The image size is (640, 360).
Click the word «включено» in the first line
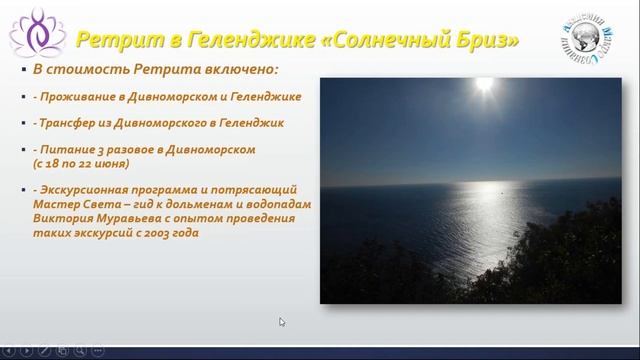[x=236, y=71]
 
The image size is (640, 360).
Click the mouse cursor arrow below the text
[x=282, y=322]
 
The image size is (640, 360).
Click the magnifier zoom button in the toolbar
[x=80, y=351]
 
